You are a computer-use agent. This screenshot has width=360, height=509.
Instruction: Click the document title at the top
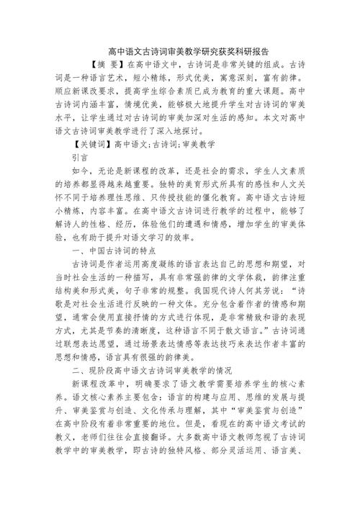point(180,50)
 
